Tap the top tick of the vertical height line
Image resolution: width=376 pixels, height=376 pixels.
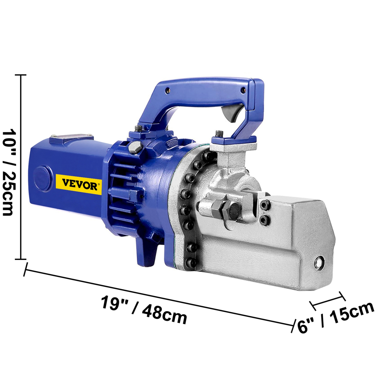tap(21, 75)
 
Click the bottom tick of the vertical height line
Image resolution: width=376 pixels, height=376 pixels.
tap(21, 259)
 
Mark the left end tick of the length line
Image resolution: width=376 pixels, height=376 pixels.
tap(25, 269)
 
